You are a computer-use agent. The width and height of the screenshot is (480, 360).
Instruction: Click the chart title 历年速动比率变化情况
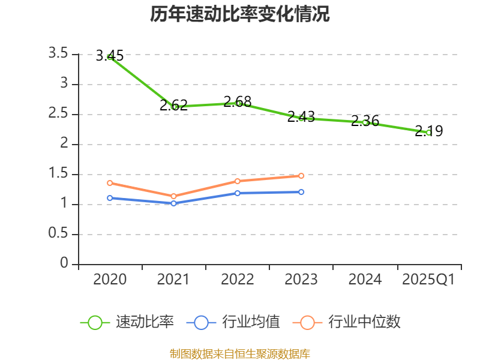(x=240, y=14)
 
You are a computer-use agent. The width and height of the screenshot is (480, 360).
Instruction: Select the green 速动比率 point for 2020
(x=110, y=56)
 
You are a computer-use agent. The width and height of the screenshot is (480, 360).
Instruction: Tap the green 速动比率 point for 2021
(x=174, y=107)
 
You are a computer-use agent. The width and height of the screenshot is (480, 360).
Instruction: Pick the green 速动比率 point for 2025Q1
(x=428, y=132)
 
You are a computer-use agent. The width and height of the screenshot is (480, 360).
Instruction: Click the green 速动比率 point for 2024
(x=365, y=122)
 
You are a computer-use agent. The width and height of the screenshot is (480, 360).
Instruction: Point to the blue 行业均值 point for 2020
(x=110, y=198)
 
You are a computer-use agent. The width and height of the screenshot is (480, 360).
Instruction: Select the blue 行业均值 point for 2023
(x=301, y=192)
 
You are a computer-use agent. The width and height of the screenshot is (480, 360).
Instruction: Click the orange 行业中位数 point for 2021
(x=174, y=196)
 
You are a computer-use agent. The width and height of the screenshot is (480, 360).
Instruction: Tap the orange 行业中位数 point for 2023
(x=301, y=176)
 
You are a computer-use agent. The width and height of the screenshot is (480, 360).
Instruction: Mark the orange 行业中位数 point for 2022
(x=238, y=181)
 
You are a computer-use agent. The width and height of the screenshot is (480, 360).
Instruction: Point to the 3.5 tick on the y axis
(x=59, y=54)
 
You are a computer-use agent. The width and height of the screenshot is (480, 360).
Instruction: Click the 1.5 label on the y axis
(x=59, y=174)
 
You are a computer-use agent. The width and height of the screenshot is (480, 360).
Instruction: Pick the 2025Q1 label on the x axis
(x=428, y=280)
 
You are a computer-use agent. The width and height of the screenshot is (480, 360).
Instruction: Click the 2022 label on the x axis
(x=238, y=280)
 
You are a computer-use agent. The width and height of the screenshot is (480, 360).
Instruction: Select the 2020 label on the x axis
(x=110, y=280)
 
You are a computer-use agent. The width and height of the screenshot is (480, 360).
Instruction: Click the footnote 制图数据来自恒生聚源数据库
(x=240, y=353)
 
